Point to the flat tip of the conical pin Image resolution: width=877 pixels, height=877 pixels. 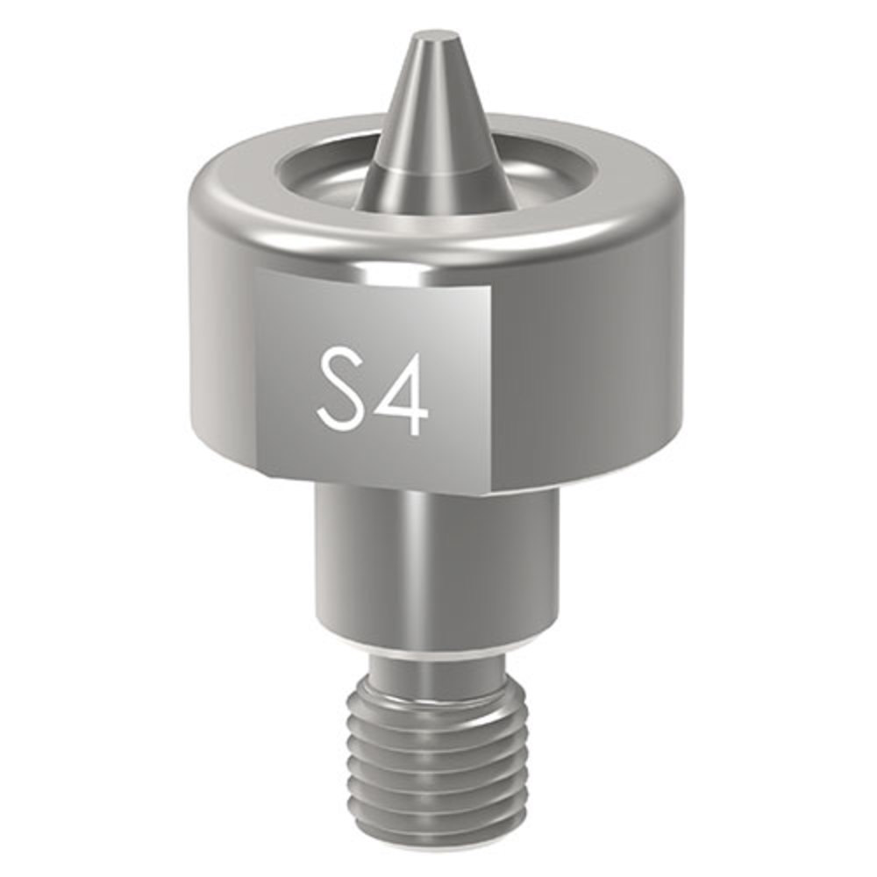tap(436, 38)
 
